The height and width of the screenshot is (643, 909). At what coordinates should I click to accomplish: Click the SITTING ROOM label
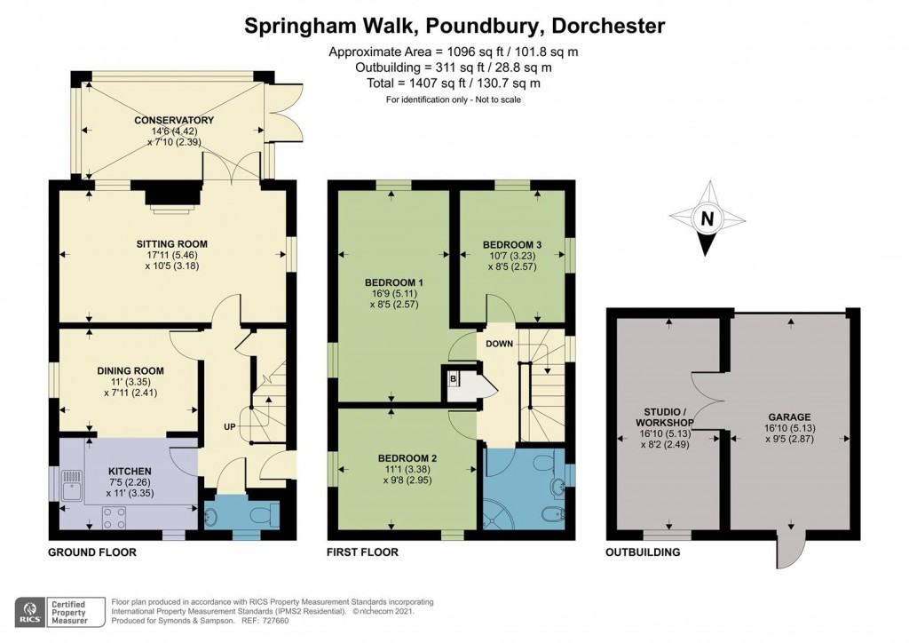[171, 243]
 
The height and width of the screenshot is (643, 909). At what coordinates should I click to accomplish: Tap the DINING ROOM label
[130, 370]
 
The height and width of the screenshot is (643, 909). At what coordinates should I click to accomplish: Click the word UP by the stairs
[229, 427]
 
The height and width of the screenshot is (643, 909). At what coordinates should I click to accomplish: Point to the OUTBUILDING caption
[644, 552]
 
